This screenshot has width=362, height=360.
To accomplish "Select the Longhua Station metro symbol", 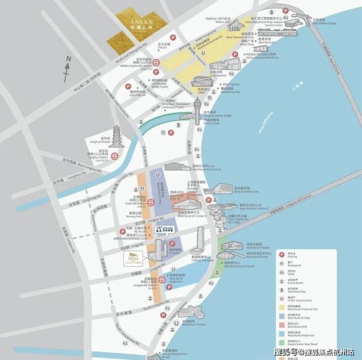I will [x=113, y=156].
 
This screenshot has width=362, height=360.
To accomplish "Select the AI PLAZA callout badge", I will [x=163, y=229].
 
